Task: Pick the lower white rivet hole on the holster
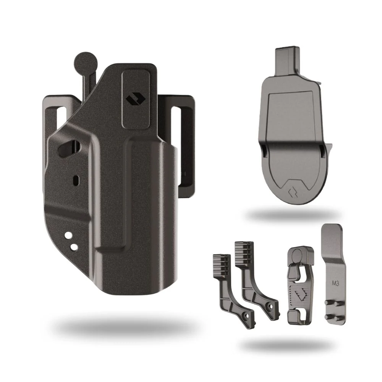[74, 247]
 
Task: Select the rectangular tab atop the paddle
[286, 60]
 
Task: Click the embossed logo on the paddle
[291, 192]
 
